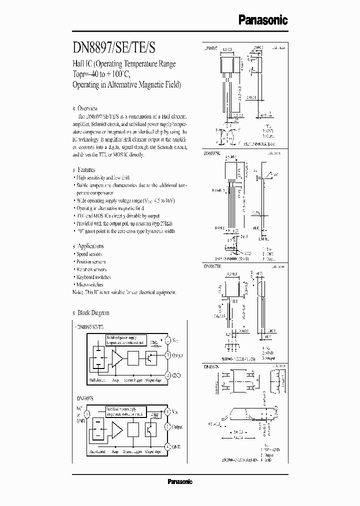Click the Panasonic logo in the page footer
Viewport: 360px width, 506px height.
point(179,482)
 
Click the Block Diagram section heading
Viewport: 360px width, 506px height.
point(92,313)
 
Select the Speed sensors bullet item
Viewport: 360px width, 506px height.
point(89,254)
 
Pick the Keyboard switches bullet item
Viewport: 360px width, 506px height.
point(93,277)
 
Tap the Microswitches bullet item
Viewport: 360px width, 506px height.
point(89,284)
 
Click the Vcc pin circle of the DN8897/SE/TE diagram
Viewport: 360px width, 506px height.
point(168,340)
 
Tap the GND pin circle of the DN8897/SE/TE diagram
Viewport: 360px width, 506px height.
point(168,374)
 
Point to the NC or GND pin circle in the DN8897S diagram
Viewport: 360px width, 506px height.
point(87,414)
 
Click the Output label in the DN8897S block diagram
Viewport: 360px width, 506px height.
point(177,428)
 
